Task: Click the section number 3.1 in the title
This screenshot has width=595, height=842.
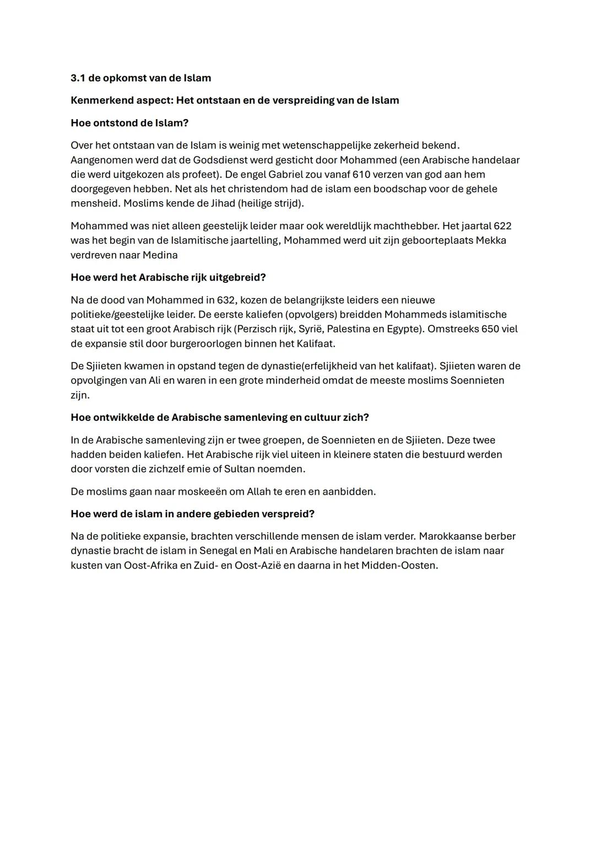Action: coord(78,78)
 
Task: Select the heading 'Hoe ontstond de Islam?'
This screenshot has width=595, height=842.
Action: coord(129,123)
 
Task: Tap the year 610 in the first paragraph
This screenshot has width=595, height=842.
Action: coord(345,175)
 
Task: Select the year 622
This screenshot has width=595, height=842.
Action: coord(502,226)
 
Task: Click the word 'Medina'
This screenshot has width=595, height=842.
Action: coord(160,255)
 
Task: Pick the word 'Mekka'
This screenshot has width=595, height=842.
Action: coord(491,240)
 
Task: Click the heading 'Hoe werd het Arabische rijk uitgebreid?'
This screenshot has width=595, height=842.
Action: coord(168,277)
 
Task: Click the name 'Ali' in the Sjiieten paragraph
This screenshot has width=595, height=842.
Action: coord(157,380)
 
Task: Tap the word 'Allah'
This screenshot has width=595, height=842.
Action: coord(259,491)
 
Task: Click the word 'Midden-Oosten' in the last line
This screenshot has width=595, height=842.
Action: coord(399,565)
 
